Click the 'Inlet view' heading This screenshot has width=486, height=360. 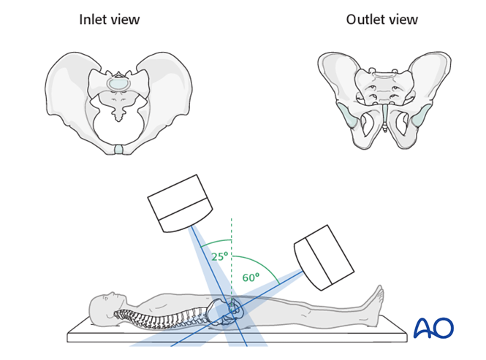tap(109, 20)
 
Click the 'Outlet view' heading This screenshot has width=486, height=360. tap(381, 20)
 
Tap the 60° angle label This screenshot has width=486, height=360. tap(251, 277)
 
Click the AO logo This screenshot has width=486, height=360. tap(433, 327)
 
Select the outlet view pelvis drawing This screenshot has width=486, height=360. tap(382, 95)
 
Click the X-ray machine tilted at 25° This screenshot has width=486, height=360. tap(181, 202)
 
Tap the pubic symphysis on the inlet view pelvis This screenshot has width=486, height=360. tap(118, 150)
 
